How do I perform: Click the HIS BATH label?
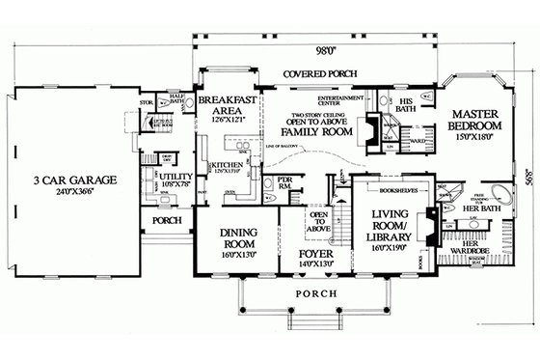pyautogui.click(x=407, y=105)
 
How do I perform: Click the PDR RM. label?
pyautogui.click(x=285, y=182)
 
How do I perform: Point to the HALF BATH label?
pyautogui.click(x=176, y=100)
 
